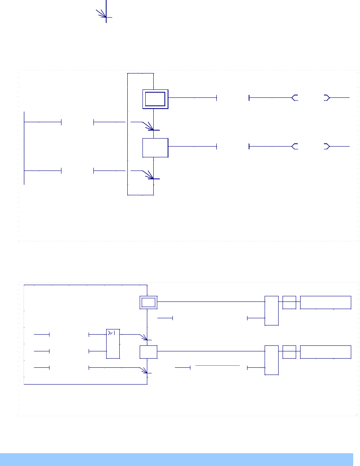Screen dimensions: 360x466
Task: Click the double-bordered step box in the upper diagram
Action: (156, 99)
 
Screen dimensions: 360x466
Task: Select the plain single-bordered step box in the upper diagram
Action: (155, 148)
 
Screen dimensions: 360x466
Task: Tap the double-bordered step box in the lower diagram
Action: (148, 302)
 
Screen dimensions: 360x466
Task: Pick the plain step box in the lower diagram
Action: (148, 352)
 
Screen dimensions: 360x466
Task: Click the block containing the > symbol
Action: (113, 343)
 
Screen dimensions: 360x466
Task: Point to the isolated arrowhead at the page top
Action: (103, 14)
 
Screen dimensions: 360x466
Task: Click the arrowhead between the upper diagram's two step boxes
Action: (149, 127)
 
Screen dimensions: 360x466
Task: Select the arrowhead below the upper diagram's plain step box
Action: (149, 176)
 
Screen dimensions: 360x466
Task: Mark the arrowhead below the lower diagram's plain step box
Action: (144, 371)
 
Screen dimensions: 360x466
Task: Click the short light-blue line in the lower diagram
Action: (218, 365)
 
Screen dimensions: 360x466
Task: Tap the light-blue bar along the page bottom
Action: (176, 459)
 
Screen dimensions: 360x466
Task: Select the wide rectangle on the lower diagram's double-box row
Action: (325, 302)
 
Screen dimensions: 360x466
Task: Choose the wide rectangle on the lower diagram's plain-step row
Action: (325, 352)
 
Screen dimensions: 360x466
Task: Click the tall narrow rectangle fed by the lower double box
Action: (272, 311)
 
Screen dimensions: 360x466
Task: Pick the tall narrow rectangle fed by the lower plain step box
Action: (272, 360)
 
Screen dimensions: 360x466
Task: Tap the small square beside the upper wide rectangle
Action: (289, 302)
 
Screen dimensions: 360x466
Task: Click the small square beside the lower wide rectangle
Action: (289, 352)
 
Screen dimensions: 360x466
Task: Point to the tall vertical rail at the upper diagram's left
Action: (24, 148)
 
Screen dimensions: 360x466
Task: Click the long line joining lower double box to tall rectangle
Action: (212, 302)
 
